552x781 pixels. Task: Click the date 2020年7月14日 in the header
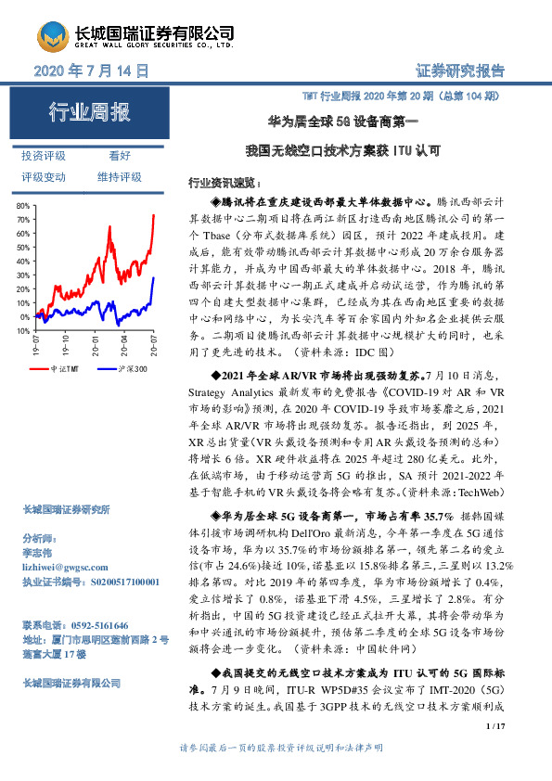(92, 70)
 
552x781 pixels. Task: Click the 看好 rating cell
(120, 156)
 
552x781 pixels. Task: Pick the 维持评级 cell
(120, 176)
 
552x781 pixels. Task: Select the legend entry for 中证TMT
(69, 368)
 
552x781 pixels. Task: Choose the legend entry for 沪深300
(131, 368)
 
